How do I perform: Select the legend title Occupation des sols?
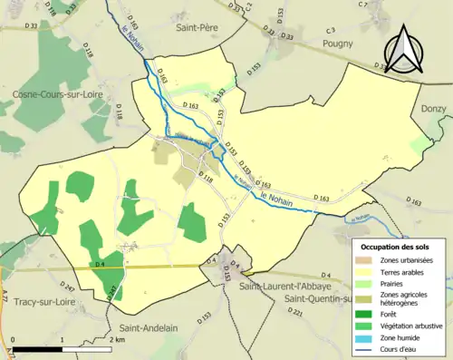coord(399,248)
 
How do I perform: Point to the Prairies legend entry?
coord(394,283)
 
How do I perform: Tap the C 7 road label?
coord(363,5)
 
